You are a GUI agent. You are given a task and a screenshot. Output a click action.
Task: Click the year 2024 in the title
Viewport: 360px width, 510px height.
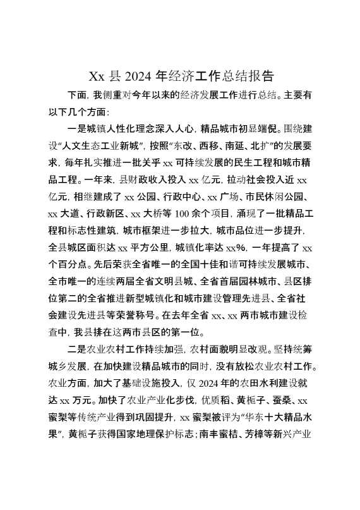138,77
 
